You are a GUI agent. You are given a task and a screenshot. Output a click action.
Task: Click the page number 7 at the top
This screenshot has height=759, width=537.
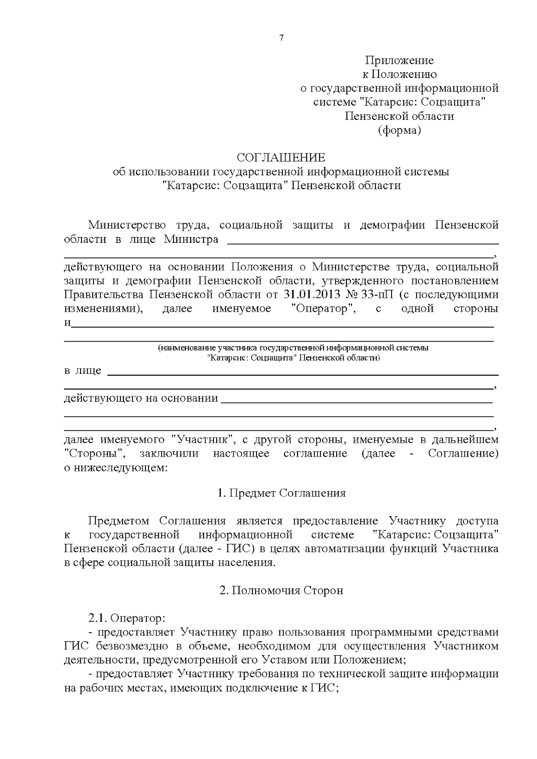[x=281, y=38]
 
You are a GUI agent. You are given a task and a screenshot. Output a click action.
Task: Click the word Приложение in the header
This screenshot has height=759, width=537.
[x=399, y=60]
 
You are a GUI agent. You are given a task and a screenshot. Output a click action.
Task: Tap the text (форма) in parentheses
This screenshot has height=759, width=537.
[x=399, y=130]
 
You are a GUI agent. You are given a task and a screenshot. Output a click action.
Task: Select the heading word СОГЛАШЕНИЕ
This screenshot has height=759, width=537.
[x=281, y=157]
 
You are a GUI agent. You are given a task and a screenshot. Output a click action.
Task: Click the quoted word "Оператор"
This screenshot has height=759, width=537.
[x=323, y=309]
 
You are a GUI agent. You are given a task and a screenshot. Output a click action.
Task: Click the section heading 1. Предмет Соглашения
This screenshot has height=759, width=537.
[x=281, y=493]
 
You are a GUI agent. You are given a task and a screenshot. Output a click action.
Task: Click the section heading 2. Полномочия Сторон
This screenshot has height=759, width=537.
[x=281, y=590]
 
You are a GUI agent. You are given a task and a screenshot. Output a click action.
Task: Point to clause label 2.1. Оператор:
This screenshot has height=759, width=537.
[x=127, y=619]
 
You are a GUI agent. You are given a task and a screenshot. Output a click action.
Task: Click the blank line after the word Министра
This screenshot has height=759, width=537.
[x=363, y=242]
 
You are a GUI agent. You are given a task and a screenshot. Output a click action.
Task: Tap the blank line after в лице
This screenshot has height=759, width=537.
[x=303, y=374]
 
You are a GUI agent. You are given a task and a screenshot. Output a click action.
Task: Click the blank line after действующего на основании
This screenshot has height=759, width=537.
[x=357, y=402]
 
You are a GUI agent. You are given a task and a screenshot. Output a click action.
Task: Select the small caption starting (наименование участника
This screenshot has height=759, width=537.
[x=293, y=348]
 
